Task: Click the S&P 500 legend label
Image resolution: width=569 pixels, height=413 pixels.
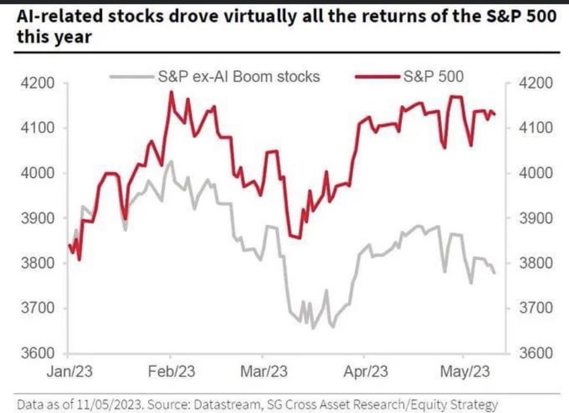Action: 433,77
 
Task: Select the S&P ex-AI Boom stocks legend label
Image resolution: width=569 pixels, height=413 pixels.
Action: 238,77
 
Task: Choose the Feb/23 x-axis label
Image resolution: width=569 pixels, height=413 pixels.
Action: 172,371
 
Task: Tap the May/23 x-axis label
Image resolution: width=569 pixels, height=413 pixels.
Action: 465,371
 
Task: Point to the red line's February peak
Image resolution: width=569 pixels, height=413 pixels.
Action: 171,92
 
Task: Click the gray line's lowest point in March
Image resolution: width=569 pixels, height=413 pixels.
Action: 311,328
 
